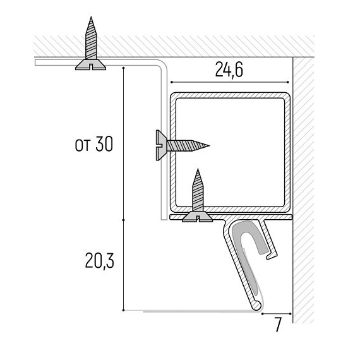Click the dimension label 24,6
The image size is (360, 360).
click(x=229, y=70)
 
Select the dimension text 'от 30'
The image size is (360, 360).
click(x=94, y=144)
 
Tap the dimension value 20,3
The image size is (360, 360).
click(x=99, y=261)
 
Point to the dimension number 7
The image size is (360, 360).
click(x=278, y=325)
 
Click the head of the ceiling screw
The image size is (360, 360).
click(x=91, y=65)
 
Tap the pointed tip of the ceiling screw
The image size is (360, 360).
click(x=91, y=17)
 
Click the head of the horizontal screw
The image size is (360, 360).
click(x=161, y=145)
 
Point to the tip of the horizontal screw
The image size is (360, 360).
click(x=209, y=145)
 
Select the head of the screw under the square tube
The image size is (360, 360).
click(x=198, y=217)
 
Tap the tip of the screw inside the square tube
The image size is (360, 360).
click(x=198, y=169)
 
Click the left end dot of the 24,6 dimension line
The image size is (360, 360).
click(x=171, y=82)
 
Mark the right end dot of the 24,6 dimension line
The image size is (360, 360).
click(x=288, y=82)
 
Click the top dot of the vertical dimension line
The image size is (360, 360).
click(x=124, y=68)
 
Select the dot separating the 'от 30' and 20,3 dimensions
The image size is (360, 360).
click(x=124, y=220)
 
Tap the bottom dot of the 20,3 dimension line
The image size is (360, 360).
click(x=124, y=310)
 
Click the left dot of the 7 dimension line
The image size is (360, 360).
click(x=263, y=313)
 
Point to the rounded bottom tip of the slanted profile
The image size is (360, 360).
click(x=256, y=306)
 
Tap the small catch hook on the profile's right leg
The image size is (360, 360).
click(x=272, y=255)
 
